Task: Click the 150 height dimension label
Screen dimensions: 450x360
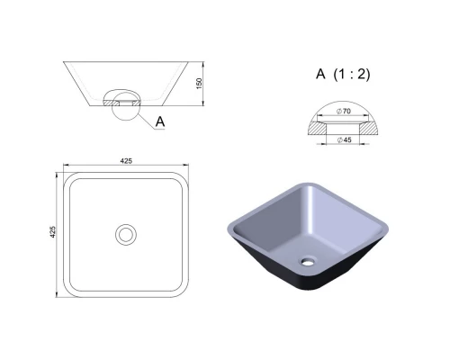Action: pos(199,84)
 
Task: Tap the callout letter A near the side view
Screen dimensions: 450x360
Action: pos(160,121)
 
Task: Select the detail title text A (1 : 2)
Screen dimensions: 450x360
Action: pos(343,74)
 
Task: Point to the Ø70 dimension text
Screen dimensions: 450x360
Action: pos(344,111)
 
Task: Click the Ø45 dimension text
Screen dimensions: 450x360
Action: pos(344,139)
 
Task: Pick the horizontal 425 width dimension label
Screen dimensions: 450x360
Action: pos(126,161)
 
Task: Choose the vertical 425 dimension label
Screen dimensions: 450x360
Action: pos(53,232)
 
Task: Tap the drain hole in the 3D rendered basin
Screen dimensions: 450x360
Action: pos(308,262)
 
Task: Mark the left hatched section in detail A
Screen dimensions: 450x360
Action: pos(317,128)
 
